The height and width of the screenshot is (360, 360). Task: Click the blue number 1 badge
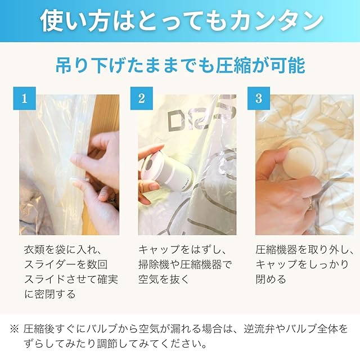point(24,98)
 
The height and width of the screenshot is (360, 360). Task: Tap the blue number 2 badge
point(142,98)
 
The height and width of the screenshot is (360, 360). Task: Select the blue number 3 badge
point(259,98)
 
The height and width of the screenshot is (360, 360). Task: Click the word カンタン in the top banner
point(276,21)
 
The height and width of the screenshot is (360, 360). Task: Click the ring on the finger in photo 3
point(310,204)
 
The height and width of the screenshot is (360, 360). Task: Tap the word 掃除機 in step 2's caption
point(154,264)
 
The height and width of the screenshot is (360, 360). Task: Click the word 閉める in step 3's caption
point(271,280)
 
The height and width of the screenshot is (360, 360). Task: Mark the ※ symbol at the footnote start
point(14,329)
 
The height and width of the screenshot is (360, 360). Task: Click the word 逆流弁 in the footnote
point(259,329)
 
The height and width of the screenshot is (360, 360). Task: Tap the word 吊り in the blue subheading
point(71,65)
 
